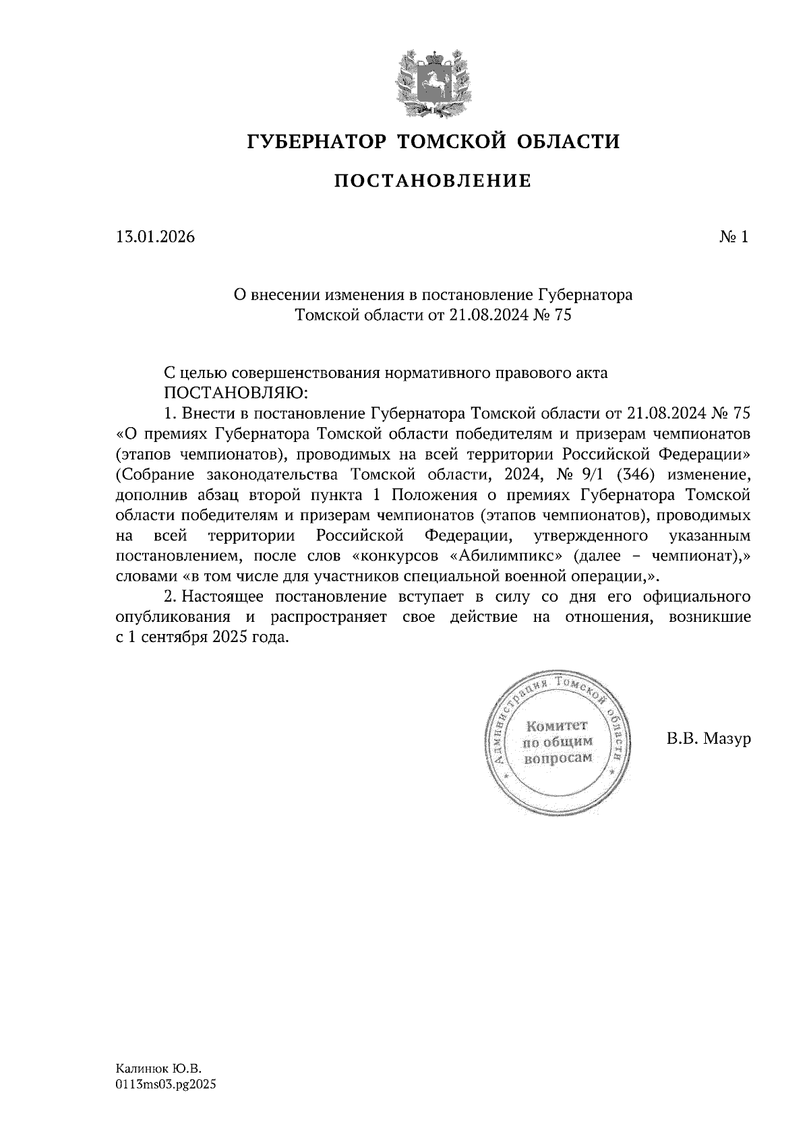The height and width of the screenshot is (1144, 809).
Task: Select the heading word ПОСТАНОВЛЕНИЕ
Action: [x=433, y=181]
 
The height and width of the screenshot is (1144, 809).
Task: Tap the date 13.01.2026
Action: [x=156, y=236]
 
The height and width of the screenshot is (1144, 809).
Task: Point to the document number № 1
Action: [x=733, y=236]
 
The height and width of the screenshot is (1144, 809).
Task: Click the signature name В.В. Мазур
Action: [x=708, y=739]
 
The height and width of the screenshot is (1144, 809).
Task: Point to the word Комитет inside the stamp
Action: [x=556, y=726]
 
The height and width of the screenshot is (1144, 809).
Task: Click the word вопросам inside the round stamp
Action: [x=558, y=757]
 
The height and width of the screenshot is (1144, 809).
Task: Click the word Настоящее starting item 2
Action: [x=225, y=597]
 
